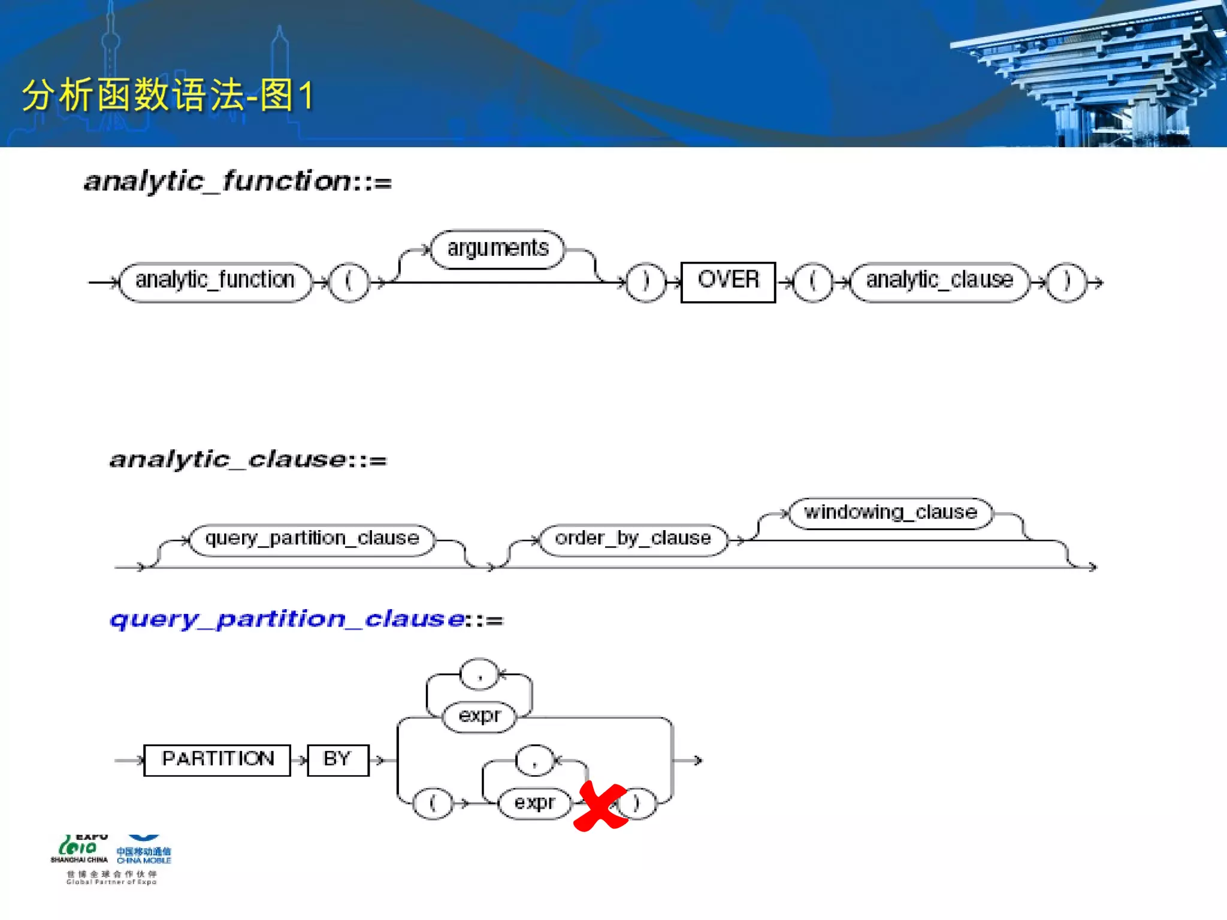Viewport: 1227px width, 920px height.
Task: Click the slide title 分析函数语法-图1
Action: click(x=168, y=95)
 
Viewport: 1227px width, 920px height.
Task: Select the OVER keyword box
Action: click(x=728, y=282)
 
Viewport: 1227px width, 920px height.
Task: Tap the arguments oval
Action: click(x=497, y=249)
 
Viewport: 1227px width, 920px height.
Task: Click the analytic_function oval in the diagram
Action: click(x=215, y=282)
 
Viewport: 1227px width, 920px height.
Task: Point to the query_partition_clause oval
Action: click(x=312, y=539)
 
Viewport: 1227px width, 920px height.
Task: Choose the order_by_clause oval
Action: click(x=633, y=539)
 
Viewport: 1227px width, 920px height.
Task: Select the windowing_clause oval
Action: click(x=890, y=513)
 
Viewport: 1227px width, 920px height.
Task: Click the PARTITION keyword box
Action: click(x=217, y=759)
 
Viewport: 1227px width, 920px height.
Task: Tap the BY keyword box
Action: click(x=337, y=759)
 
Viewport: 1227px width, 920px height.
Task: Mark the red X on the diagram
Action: click(x=601, y=806)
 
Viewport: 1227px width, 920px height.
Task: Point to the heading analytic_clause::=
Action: click(x=248, y=460)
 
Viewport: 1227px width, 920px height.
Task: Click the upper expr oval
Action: click(x=479, y=716)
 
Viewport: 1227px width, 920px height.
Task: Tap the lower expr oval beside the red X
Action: click(x=534, y=803)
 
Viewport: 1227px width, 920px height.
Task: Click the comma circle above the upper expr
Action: click(x=479, y=675)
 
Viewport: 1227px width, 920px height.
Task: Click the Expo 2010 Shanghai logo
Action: click(x=80, y=849)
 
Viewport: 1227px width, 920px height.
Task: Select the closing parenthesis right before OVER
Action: click(x=646, y=282)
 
